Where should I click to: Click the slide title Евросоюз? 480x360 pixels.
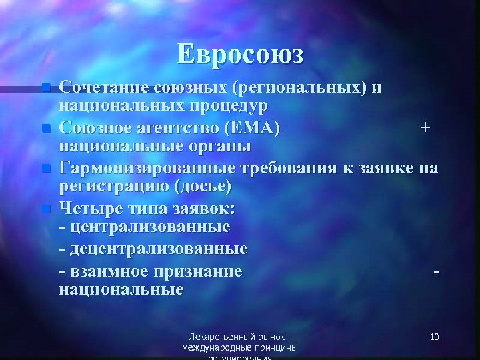[240, 53]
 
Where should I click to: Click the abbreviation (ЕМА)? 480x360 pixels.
[255, 126]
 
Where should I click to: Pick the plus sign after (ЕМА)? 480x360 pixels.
[425, 126]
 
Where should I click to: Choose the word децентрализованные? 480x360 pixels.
[157, 249]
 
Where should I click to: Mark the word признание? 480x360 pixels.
[201, 271]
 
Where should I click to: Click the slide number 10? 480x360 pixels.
[434, 337]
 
